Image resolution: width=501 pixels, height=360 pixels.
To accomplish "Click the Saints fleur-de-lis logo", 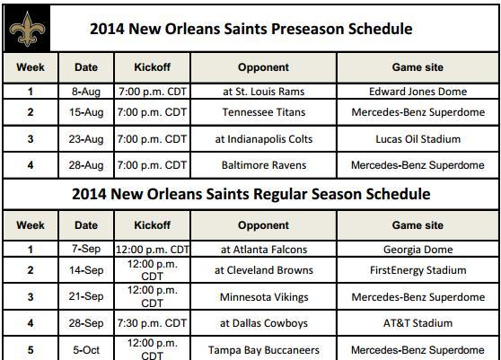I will click(x=26, y=28).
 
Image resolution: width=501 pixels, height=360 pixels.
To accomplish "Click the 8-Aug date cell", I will click(x=86, y=91).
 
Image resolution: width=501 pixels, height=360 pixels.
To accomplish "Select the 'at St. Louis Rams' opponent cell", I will click(x=263, y=91).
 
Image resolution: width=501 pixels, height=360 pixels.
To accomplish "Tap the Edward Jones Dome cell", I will click(x=417, y=91).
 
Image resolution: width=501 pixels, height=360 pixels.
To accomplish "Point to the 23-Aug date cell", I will click(x=86, y=139).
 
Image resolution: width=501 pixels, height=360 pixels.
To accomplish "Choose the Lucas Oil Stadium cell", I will click(x=417, y=139).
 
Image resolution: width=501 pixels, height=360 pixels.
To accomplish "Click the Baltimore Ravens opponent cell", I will click(x=263, y=165).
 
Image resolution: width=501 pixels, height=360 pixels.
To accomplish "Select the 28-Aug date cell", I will click(x=86, y=165).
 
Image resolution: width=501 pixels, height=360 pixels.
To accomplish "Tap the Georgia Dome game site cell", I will click(x=417, y=250).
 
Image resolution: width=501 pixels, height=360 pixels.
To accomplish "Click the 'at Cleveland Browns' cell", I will click(x=263, y=269).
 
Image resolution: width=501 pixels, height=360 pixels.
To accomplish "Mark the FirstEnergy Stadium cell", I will click(x=417, y=269).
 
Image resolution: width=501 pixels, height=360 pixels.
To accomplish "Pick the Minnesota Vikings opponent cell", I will click(x=263, y=296).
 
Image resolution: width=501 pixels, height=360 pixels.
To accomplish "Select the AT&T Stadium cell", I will click(x=417, y=323).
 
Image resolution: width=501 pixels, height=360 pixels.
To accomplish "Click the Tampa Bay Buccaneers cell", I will click(x=263, y=349).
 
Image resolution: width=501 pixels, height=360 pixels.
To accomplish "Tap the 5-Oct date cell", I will click(x=86, y=349).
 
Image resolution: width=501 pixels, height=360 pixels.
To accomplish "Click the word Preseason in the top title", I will click(x=312, y=29).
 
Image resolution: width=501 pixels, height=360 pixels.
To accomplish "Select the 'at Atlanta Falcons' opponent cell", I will click(x=263, y=250).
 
